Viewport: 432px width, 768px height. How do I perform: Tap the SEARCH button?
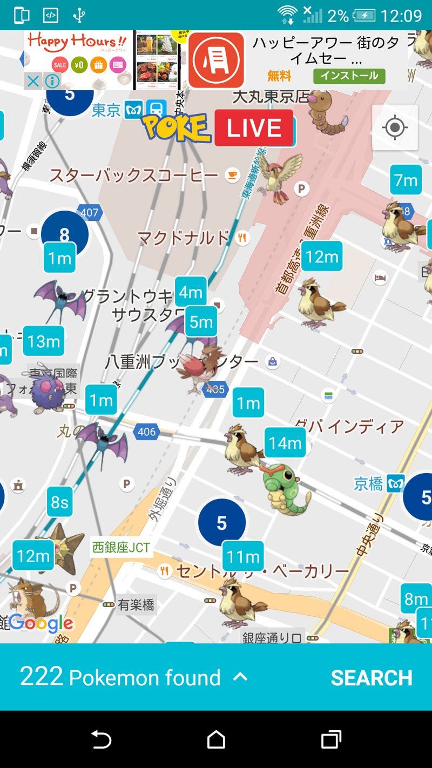(372, 678)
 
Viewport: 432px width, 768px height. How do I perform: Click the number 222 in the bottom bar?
(42, 676)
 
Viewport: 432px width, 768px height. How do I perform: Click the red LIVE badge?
(254, 128)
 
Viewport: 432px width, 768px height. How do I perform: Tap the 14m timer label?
(285, 443)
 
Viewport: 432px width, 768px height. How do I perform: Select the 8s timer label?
(59, 502)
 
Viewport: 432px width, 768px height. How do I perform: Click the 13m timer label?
(44, 341)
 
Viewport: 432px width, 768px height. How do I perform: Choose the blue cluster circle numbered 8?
(64, 234)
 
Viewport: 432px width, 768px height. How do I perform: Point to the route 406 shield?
(146, 432)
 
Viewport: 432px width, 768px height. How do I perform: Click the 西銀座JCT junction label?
(120, 547)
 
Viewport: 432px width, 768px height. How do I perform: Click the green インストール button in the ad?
(349, 76)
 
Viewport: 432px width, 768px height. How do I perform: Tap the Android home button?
(216, 739)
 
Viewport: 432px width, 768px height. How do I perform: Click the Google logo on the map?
(40, 623)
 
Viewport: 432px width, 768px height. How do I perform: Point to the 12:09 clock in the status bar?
(401, 16)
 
